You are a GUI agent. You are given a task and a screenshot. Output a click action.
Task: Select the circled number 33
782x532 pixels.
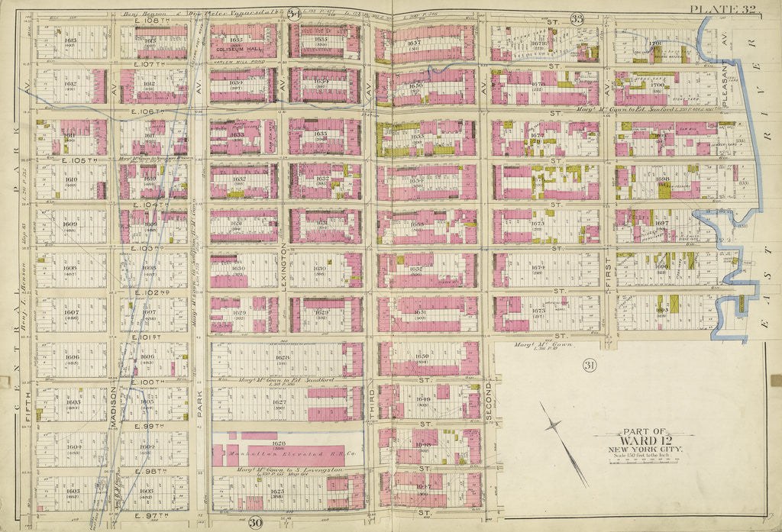pyautogui.click(x=577, y=18)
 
